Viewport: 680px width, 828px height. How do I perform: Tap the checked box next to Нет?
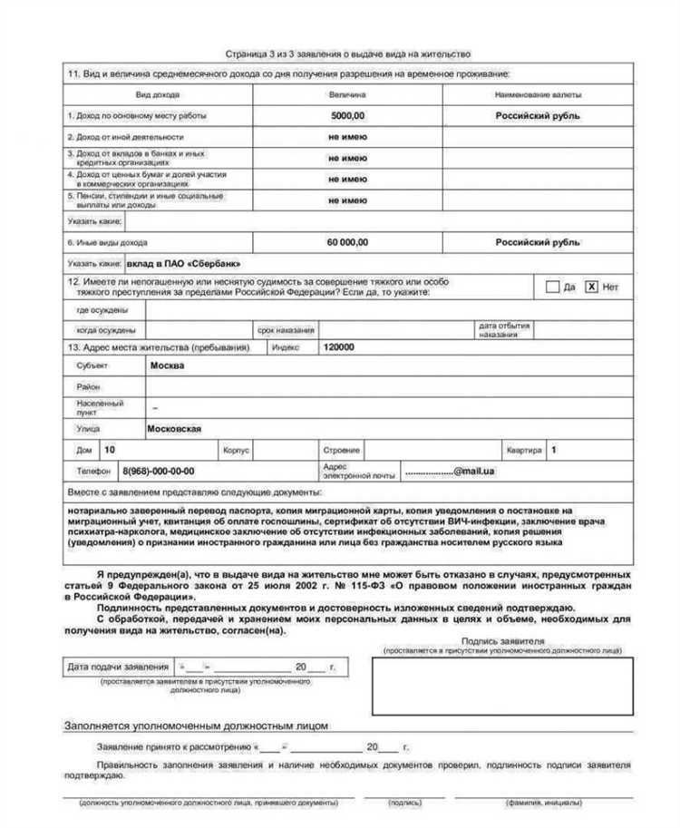[x=591, y=287]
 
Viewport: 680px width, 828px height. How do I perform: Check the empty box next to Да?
[x=551, y=287]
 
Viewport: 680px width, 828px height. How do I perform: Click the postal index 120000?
[x=339, y=347]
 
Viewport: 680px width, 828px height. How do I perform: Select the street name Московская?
[x=174, y=429]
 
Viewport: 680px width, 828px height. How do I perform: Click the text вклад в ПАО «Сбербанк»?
[x=184, y=263]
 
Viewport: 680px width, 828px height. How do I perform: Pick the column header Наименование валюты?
[x=538, y=94]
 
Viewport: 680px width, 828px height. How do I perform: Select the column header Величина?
[x=346, y=94]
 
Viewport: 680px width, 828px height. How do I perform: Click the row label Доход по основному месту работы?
[x=138, y=116]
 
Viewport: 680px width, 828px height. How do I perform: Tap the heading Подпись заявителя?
[x=514, y=640]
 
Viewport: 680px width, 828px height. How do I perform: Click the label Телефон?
[x=88, y=472]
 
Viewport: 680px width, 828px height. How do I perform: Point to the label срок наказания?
[x=286, y=330]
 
